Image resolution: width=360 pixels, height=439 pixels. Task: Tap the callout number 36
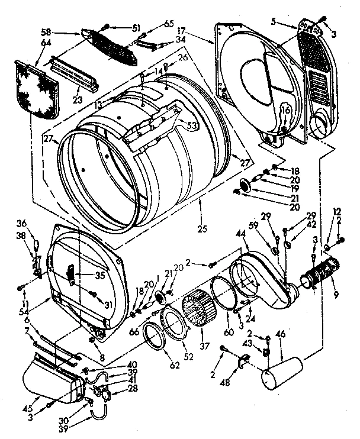pos(22,223)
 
